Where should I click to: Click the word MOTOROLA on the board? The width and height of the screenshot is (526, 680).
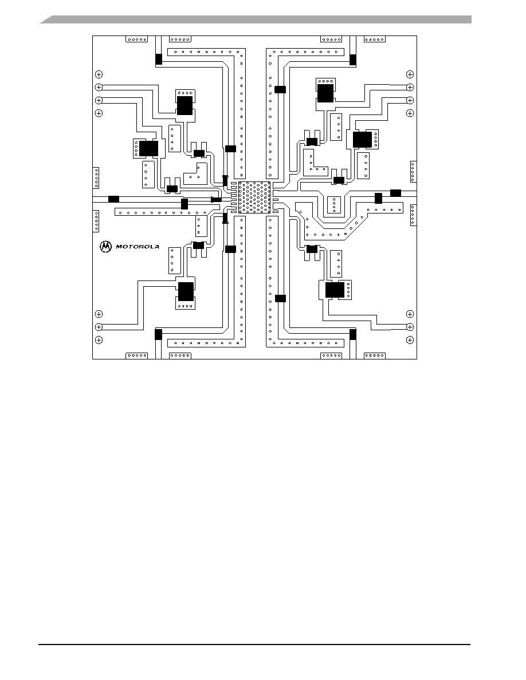[137, 247]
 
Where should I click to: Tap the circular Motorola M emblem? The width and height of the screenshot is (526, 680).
[105, 246]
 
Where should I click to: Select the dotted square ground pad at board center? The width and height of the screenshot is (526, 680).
[254, 197]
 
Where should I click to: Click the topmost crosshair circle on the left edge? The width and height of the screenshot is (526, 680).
[99, 74]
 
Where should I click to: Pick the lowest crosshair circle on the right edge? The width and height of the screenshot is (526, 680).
[410, 340]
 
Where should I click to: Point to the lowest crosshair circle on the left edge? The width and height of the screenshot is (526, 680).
[99, 340]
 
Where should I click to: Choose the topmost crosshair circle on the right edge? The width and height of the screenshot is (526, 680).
[410, 74]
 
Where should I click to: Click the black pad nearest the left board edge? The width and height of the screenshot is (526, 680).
[113, 199]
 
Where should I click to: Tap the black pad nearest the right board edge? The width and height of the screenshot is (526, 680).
[395, 193]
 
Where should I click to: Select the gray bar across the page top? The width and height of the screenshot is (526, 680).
[256, 19]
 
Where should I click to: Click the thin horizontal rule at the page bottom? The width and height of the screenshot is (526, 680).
[254, 645]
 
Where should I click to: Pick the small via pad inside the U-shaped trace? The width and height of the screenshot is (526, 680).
[333, 205]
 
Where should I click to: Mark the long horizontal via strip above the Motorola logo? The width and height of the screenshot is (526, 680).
[161, 212]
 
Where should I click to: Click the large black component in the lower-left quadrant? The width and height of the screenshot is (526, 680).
[186, 291]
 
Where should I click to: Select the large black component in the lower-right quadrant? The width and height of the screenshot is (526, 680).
[335, 290]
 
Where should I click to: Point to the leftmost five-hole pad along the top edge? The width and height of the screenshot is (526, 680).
[137, 39]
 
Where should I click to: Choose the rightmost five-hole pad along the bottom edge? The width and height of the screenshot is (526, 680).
[375, 355]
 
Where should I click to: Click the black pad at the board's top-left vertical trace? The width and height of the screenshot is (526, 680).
[159, 60]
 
